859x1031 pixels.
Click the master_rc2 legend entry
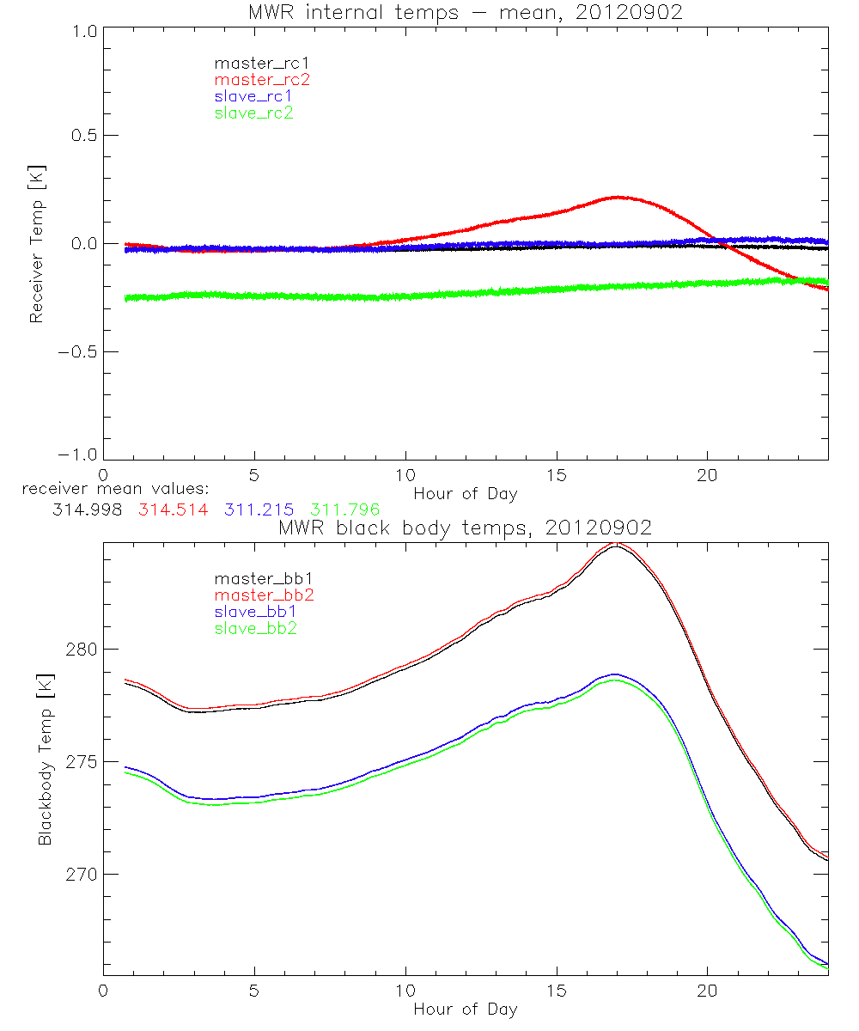[262, 80]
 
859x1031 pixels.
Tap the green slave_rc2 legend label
[254, 113]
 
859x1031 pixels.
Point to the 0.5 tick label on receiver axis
[80, 136]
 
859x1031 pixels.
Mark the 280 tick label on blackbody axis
[78, 650]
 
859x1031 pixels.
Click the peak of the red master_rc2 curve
[617, 197]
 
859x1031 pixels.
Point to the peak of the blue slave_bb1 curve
[614, 674]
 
